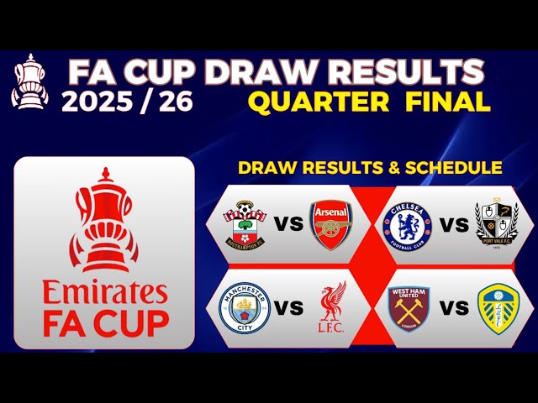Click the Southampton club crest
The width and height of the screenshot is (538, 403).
[244, 224]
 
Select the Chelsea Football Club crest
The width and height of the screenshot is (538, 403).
[407, 224]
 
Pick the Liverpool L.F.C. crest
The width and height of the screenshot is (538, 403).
[330, 308]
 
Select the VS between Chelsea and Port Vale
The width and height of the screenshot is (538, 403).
[453, 225]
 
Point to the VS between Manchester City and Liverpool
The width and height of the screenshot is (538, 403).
[287, 308]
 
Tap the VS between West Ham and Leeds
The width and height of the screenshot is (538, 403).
[453, 308]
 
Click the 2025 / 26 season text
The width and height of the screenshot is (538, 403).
[127, 102]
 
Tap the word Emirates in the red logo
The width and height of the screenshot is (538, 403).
[105, 293]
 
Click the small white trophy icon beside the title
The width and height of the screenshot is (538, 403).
[29, 81]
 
